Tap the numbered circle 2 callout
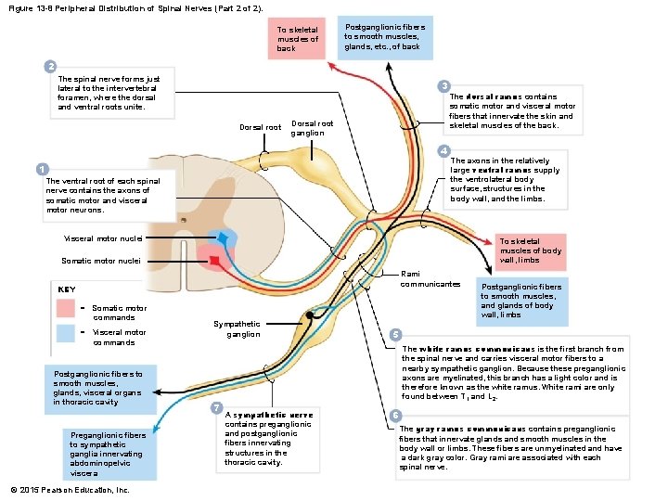coord(52,66)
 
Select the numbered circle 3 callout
coord(445,84)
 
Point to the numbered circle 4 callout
coord(444,150)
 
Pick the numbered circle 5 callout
coord(395,334)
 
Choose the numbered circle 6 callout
coord(395,414)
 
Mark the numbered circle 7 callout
coord(216,408)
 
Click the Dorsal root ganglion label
coord(312,128)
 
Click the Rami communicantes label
coord(430,278)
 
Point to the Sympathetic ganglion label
coord(237,329)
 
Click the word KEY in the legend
coord(67,289)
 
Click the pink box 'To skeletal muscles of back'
coord(297,39)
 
